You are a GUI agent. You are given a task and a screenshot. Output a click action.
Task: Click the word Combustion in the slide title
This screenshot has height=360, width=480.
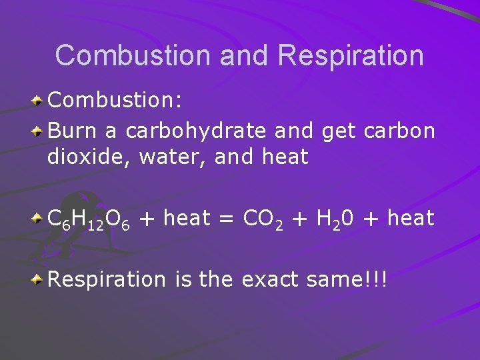133,55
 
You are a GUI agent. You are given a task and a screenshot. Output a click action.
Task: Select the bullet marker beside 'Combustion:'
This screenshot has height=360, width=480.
39,102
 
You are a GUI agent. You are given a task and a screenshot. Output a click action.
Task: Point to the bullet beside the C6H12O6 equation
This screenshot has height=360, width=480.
39,219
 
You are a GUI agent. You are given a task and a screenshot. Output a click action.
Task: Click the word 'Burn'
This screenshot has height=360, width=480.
73,131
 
